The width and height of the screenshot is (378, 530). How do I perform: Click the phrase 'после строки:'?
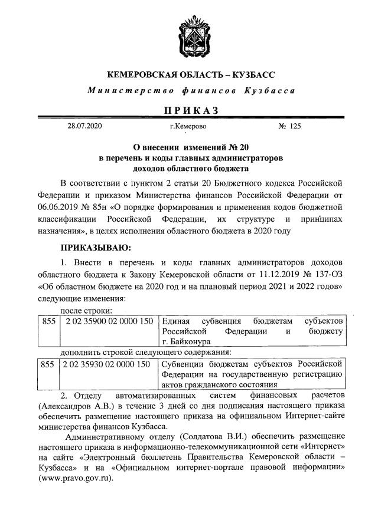[87, 310]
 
